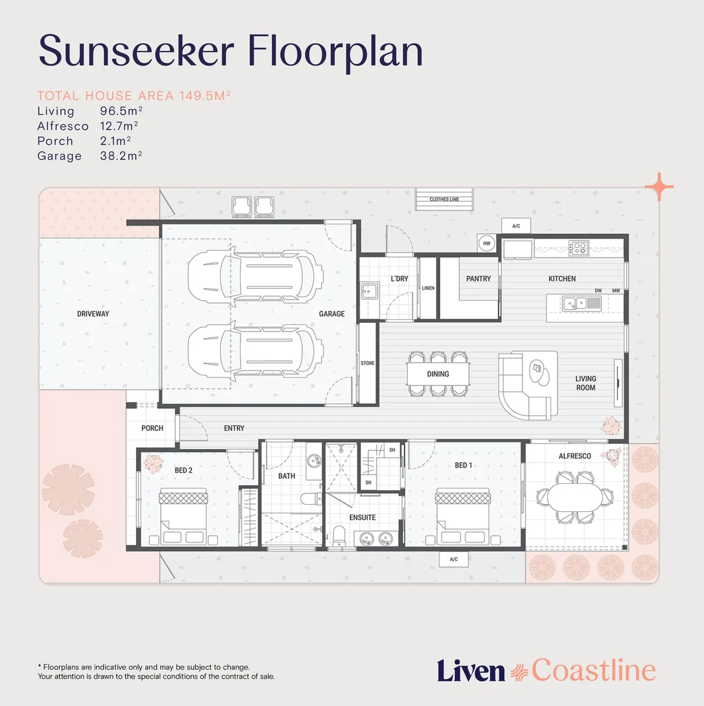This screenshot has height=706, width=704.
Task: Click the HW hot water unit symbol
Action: pos(486,243)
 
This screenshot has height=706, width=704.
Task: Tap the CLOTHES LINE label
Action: pos(444,199)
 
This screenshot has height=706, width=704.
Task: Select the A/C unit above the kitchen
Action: pos(516,226)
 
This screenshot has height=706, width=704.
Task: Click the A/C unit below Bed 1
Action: pos(454,559)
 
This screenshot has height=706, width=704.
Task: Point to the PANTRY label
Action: pos(478,278)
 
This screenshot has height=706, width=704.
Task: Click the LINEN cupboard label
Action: pos(427,288)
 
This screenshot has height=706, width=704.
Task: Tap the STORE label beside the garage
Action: pos(367,363)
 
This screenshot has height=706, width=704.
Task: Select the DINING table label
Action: pos(438,374)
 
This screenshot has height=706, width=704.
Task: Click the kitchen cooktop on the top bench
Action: pos(578,248)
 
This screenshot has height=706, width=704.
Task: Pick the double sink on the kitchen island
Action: pos(574,302)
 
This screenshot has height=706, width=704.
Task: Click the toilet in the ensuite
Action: pos(339,535)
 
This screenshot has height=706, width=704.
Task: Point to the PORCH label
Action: pos(152,428)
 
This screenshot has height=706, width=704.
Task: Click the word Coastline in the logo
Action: pos(593,670)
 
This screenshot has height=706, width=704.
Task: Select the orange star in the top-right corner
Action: pos(659,187)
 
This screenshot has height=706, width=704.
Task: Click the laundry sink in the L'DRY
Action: pos(369,290)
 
